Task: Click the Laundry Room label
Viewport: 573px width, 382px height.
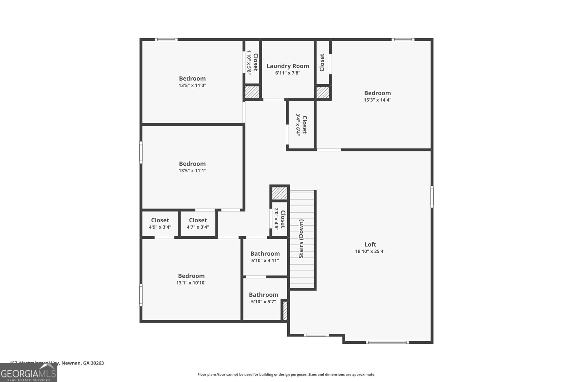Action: (x=288, y=66)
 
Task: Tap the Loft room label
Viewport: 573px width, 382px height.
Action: (x=370, y=245)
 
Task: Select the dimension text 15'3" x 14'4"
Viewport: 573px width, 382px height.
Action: (x=377, y=100)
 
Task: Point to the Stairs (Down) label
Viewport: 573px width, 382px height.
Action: (x=302, y=239)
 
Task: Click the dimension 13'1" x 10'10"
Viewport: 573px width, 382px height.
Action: (x=191, y=283)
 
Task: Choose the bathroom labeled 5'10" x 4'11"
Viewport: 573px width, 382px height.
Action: (x=265, y=257)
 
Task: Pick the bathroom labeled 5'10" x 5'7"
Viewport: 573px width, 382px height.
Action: (x=264, y=298)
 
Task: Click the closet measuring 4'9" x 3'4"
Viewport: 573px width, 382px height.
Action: (x=160, y=223)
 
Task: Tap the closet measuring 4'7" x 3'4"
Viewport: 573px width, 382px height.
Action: (x=198, y=223)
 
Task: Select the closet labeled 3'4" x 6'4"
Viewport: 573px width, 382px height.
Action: (x=301, y=124)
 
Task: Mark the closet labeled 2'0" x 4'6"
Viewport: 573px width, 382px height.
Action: (x=279, y=219)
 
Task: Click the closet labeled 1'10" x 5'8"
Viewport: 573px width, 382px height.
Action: (x=252, y=62)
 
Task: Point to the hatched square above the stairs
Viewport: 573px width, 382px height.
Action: (x=279, y=194)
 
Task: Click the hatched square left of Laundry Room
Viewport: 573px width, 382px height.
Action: (x=252, y=92)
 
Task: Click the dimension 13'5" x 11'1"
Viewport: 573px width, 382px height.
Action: (x=192, y=171)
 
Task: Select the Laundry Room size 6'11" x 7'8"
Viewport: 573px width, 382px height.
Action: (x=288, y=73)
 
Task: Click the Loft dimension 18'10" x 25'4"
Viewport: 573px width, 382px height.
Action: (x=370, y=251)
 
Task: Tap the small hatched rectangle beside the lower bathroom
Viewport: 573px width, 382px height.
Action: (x=285, y=311)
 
